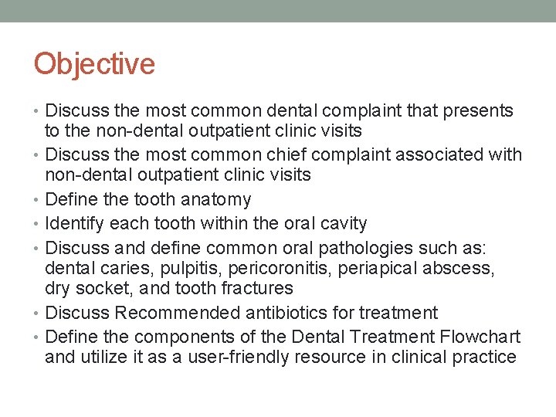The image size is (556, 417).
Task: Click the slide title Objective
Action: (x=94, y=64)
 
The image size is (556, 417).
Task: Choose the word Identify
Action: (x=76, y=224)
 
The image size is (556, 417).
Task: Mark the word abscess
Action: (x=466, y=269)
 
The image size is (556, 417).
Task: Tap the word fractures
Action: (x=257, y=289)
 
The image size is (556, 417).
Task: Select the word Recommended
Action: (x=171, y=314)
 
